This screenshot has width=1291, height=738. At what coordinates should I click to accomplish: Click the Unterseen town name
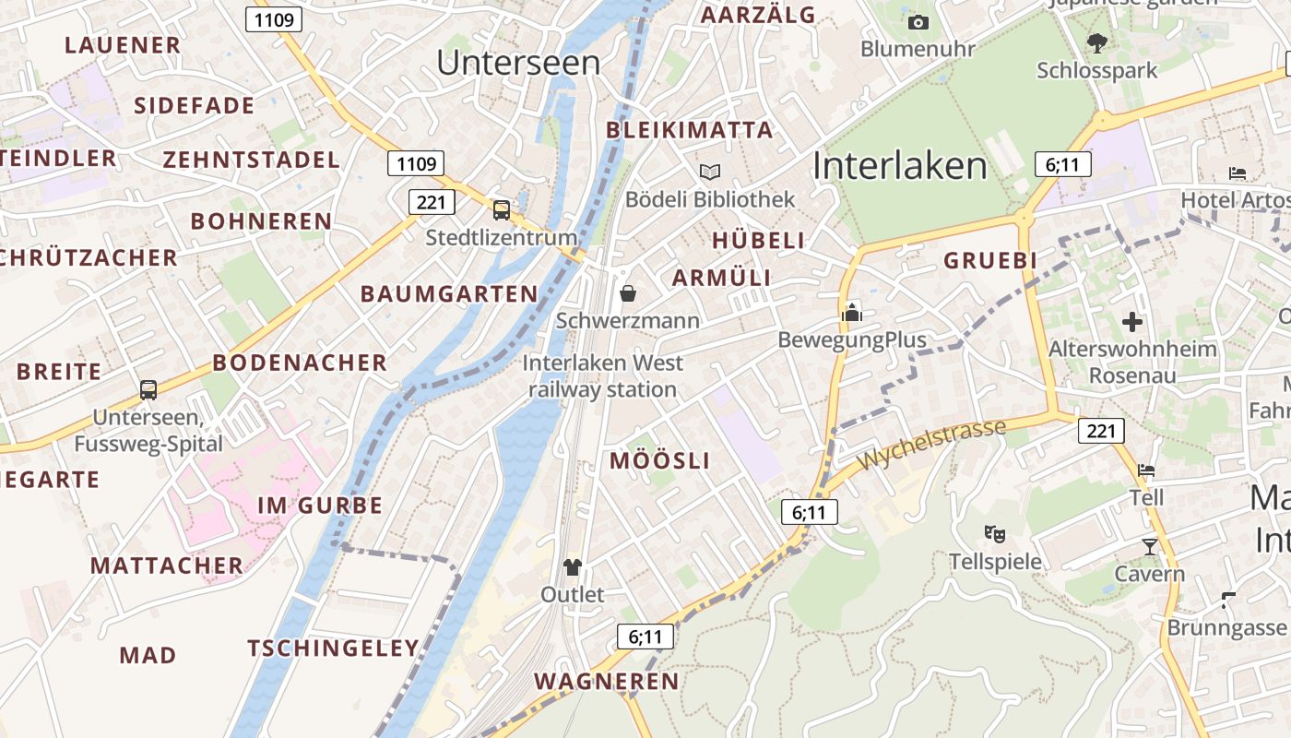click(518, 63)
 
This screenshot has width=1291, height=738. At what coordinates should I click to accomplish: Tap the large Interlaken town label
click(900, 166)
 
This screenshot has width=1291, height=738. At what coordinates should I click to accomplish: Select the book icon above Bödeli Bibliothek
click(709, 173)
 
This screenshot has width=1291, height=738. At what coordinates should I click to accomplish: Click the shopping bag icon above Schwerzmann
click(628, 293)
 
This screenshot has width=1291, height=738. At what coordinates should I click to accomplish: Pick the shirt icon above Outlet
click(573, 566)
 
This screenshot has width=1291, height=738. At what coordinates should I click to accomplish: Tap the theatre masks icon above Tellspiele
click(995, 533)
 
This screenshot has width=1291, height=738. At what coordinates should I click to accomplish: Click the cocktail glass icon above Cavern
click(1149, 547)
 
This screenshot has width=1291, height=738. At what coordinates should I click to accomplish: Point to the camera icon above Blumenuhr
click(918, 22)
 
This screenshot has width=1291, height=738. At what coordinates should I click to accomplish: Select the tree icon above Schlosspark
click(1096, 42)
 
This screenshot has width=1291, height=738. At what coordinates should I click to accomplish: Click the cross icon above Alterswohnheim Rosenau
click(1132, 322)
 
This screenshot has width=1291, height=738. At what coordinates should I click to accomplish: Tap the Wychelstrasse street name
click(930, 445)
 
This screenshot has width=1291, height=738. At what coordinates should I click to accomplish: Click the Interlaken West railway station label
click(603, 376)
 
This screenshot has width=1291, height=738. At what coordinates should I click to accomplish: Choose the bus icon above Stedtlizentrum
click(502, 210)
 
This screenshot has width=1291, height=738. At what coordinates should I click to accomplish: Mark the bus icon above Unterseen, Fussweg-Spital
click(148, 389)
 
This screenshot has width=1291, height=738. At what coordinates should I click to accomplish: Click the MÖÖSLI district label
click(660, 461)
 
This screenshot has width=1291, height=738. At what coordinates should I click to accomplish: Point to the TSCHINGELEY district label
click(334, 649)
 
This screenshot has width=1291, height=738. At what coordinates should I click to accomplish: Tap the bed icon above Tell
click(1146, 470)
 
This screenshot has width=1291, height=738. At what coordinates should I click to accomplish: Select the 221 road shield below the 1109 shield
click(431, 202)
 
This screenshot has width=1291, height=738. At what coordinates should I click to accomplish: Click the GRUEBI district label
click(990, 261)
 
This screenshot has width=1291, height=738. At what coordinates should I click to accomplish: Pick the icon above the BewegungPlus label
click(852, 313)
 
